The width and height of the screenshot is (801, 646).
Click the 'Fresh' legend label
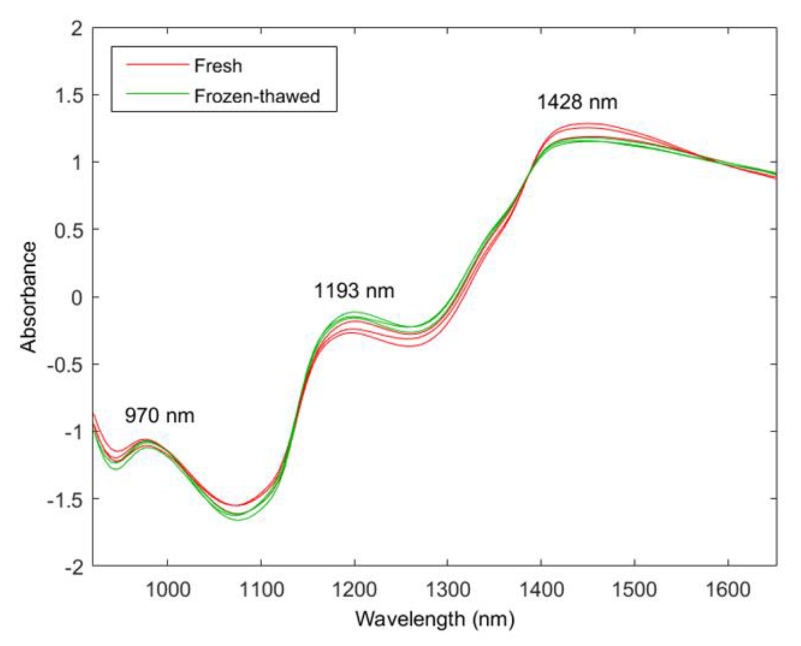(218, 66)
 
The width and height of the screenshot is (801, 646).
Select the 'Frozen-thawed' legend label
(257, 96)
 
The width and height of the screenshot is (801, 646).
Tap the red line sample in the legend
(157, 65)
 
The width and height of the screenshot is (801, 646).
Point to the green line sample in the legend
(157, 93)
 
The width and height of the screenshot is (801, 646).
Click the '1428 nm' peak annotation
(577, 102)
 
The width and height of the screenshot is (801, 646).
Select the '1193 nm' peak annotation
(354, 291)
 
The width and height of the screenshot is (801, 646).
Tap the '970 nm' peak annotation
(159, 416)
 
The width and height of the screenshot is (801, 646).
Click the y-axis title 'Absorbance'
(29, 297)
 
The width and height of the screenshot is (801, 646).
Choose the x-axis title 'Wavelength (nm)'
(435, 619)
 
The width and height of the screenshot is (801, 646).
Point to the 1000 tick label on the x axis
(168, 590)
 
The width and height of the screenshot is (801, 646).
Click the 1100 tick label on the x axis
(261, 590)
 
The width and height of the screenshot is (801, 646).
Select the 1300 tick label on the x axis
(448, 590)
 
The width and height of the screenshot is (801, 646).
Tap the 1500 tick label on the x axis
(634, 590)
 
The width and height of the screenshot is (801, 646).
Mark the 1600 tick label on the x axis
(728, 590)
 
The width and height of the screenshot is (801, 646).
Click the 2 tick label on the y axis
(77, 29)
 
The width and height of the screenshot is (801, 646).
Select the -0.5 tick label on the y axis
(65, 365)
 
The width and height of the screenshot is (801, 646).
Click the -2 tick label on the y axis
(73, 567)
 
